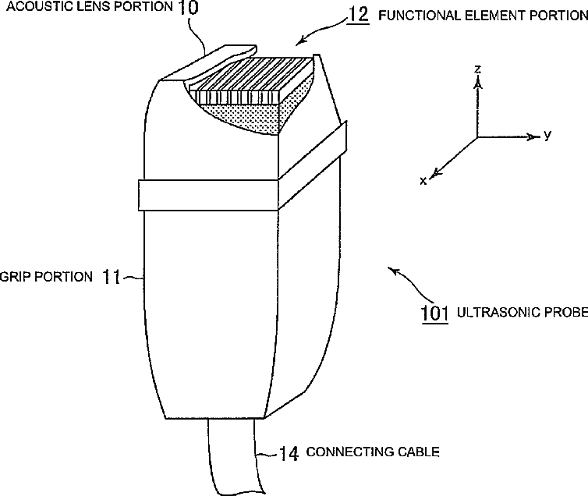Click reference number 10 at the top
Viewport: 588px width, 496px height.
(x=187, y=9)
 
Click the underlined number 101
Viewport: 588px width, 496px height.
(x=434, y=313)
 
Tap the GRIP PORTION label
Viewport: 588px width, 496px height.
(x=48, y=276)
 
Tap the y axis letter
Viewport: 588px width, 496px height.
(x=547, y=135)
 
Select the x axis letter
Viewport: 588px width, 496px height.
(x=423, y=181)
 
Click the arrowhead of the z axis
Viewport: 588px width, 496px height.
(x=478, y=82)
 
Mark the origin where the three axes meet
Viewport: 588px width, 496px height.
(x=477, y=137)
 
